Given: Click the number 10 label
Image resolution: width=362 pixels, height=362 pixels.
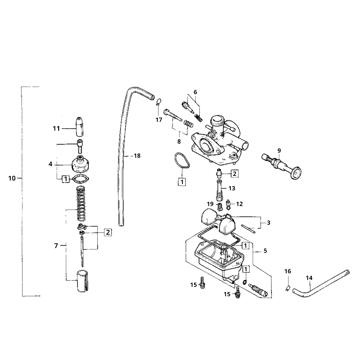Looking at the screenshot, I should (11, 179).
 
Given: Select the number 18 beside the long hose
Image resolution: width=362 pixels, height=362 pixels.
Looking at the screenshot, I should (137, 156).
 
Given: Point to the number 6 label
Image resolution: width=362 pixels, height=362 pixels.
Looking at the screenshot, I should (195, 92).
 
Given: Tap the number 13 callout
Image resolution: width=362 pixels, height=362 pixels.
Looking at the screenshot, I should (232, 189).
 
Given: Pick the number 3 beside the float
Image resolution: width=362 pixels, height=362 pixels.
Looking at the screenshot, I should (268, 223).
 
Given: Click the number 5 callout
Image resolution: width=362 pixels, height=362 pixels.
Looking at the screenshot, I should (265, 251).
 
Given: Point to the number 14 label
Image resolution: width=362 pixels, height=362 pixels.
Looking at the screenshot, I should (309, 278).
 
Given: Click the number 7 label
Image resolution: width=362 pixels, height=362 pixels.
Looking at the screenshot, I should (56, 246).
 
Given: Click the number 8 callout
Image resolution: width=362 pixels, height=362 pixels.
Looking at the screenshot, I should (179, 141).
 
